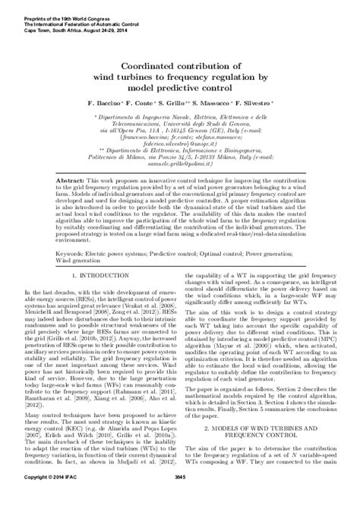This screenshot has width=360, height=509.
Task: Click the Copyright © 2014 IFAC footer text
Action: click(x=53, y=498)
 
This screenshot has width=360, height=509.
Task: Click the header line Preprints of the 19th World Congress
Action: click(x=52, y=7)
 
